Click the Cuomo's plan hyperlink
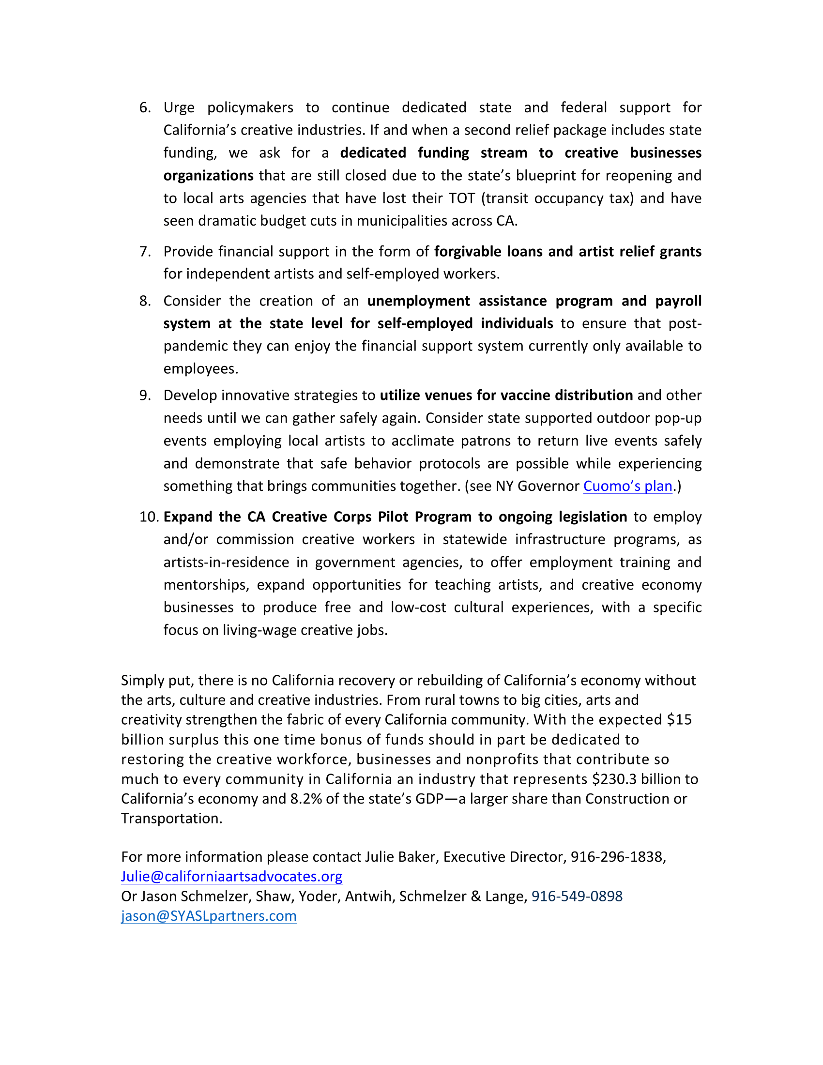click(627, 486)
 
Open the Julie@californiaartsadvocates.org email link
click(231, 876)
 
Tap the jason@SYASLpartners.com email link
click(209, 916)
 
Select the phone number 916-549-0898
click(577, 896)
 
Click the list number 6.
click(145, 108)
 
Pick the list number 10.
click(149, 517)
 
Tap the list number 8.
click(145, 301)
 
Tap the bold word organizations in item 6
click(208, 176)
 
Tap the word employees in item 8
click(200, 369)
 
